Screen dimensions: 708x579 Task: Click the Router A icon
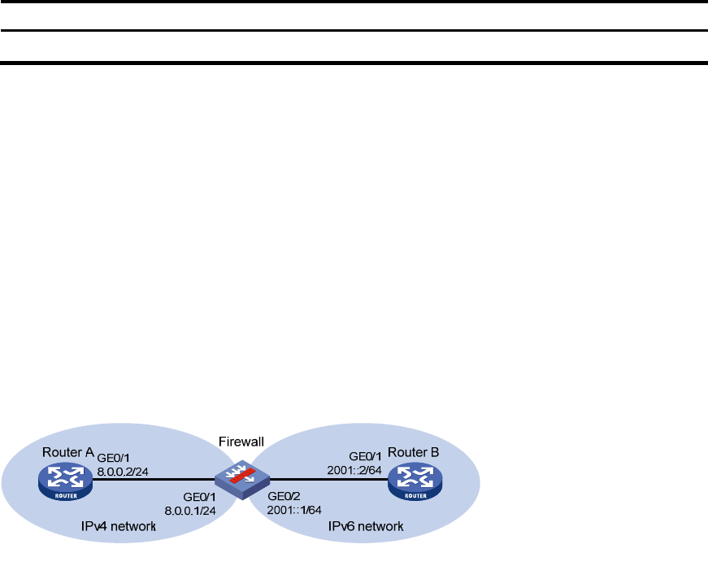point(66,482)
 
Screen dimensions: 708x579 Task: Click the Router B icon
point(415,482)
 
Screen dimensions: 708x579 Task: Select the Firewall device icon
point(242,480)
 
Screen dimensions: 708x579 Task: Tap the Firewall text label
point(241,442)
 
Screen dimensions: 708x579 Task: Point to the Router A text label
point(68,452)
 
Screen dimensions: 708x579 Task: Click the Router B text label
point(413,452)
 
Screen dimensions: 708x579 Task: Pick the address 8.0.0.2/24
point(123,472)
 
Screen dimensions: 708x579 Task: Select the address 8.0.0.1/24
point(190,511)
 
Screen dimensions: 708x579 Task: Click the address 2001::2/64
point(354,470)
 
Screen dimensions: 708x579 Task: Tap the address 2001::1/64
point(294,511)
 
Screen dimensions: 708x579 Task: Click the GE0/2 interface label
point(284,496)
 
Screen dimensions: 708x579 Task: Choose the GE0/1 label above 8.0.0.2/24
point(113,458)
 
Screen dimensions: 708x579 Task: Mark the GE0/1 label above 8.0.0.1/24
point(200,497)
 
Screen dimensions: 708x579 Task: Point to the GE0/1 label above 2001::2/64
point(365,456)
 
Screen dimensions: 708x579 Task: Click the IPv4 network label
point(119,526)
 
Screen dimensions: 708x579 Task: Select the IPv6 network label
point(366,526)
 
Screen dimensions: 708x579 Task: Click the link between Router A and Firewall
point(154,479)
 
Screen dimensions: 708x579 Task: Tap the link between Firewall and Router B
point(328,479)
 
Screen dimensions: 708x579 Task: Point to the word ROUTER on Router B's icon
point(415,496)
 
